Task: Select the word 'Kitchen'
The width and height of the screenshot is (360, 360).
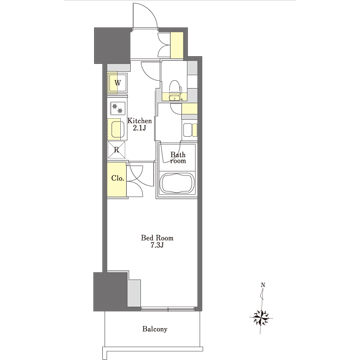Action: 138,119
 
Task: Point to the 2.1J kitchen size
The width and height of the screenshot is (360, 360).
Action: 138,128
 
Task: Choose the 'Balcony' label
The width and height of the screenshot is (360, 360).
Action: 155,329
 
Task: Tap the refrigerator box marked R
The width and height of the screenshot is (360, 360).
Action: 116,151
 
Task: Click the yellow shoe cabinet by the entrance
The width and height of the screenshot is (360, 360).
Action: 177,45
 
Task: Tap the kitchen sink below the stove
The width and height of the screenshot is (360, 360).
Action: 116,130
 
